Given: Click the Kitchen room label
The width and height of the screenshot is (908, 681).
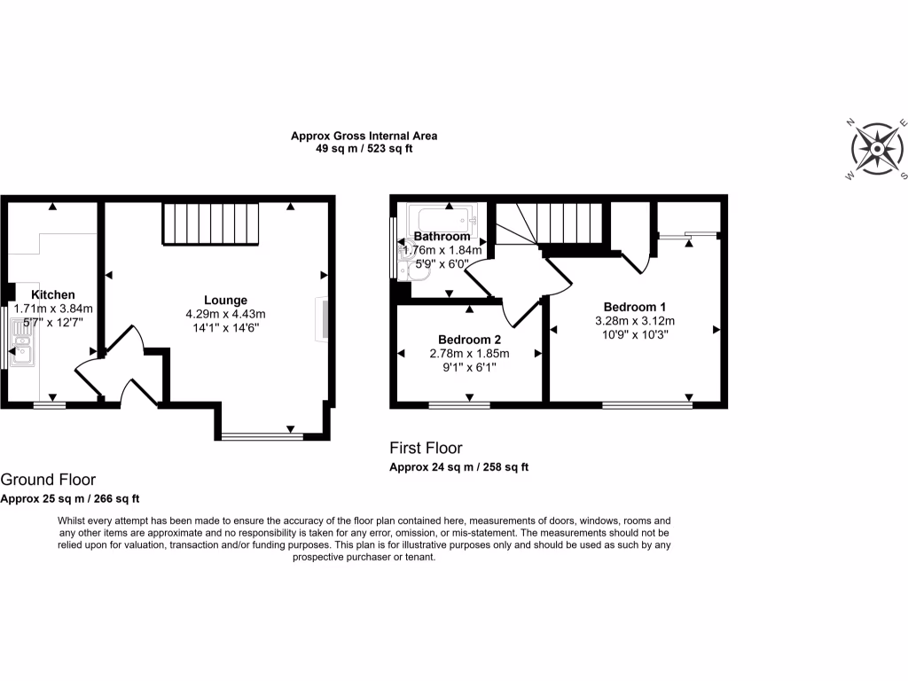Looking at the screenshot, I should click(53, 294).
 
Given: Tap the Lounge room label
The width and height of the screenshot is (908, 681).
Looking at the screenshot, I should click(225, 300).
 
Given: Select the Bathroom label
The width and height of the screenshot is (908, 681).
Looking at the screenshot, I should click(442, 237).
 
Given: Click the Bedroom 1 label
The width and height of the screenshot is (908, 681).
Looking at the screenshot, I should click(636, 307).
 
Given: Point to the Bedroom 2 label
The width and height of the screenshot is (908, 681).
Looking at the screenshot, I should click(469, 340).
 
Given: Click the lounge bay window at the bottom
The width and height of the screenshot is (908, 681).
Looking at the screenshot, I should click(262, 435).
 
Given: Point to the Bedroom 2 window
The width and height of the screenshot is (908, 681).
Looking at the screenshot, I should click(459, 405).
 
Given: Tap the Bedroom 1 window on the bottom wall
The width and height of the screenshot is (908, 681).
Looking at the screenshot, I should click(646, 405).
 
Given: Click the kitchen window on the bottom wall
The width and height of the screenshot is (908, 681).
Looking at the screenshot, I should click(50, 405).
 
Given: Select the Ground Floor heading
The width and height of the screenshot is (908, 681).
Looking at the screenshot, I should click(48, 480).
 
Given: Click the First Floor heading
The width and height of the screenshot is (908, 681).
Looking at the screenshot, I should click(426, 449).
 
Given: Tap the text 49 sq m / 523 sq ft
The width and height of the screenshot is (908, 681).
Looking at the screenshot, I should click(364, 149).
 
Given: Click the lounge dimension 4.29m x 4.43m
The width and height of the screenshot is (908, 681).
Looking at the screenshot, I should click(225, 314).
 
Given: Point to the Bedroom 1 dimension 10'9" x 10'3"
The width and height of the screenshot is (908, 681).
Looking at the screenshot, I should click(636, 335).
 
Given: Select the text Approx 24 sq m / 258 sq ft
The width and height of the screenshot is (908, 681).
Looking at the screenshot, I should click(459, 467).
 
